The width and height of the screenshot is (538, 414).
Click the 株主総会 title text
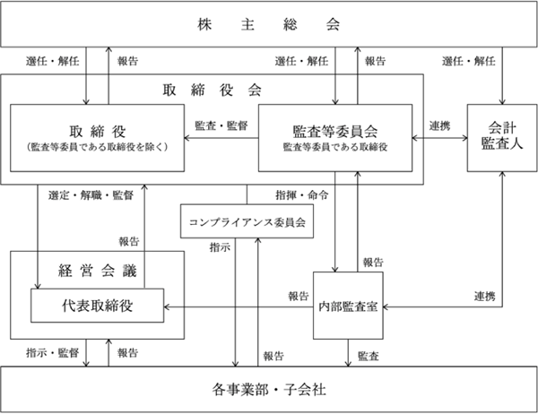[x=269, y=24]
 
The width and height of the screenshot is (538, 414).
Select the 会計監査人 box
[x=502, y=138]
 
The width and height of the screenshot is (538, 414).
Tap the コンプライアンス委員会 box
[x=247, y=221]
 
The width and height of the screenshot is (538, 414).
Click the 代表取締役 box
[x=98, y=306]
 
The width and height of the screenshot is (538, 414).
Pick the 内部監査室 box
[x=348, y=306]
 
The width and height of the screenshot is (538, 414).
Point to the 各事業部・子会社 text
[x=269, y=390]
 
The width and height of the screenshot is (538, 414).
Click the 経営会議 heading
[x=98, y=271]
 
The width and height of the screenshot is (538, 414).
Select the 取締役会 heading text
[x=212, y=91]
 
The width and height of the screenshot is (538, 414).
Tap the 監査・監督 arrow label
[x=221, y=125]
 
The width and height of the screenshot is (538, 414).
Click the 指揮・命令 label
[x=302, y=195]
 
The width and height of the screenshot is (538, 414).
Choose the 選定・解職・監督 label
[x=91, y=195]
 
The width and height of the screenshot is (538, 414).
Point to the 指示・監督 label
[x=53, y=352]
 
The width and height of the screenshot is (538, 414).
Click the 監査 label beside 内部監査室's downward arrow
[x=369, y=356]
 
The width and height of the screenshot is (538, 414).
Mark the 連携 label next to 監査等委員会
[x=439, y=125]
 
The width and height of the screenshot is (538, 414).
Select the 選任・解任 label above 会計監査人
[x=469, y=61]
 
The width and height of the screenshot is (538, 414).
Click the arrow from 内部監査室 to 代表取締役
[x=239, y=307]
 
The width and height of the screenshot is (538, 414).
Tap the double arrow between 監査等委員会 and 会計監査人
[x=439, y=138]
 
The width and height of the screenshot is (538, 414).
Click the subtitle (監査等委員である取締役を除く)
[x=98, y=147]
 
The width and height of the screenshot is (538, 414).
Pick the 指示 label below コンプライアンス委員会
[x=220, y=247]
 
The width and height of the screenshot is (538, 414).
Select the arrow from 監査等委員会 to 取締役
[x=221, y=138]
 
